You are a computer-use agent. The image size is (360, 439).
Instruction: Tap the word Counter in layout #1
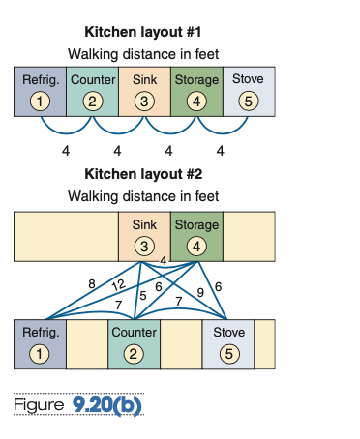pyautogui.click(x=92, y=78)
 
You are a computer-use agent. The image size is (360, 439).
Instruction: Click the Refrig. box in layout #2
pyautogui.click(x=40, y=343)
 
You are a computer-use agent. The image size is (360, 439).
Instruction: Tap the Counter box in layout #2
pyautogui.click(x=134, y=343)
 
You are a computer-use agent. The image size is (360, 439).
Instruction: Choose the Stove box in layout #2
pyautogui.click(x=227, y=343)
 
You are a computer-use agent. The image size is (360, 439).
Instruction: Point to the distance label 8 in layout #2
pyautogui.click(x=92, y=284)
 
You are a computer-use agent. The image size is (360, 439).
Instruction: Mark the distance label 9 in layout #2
pyautogui.click(x=199, y=292)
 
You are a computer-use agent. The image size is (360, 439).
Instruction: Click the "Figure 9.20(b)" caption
pyautogui.click(x=77, y=402)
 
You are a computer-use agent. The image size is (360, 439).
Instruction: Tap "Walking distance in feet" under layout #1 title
pyautogui.click(x=143, y=53)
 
